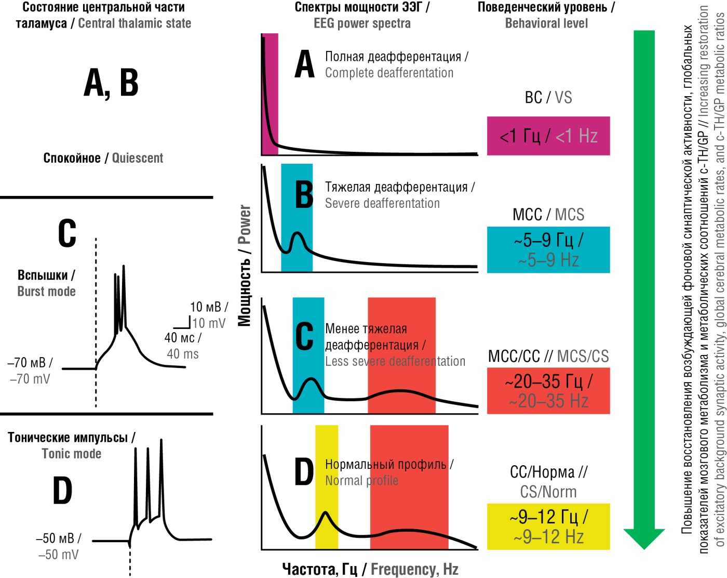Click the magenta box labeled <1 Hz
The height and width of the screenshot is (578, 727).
(548, 136)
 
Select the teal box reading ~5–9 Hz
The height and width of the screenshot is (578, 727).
(548, 249)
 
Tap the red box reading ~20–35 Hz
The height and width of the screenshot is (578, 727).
(548, 391)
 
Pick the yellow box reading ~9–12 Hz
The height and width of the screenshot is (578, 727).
(548, 526)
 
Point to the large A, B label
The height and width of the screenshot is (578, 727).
(111, 83)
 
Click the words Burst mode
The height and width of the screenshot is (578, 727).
(46, 291)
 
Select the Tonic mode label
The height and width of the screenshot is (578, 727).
(71, 454)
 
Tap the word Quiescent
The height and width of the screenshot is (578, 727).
(138, 158)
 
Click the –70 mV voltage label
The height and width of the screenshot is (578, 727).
(30, 379)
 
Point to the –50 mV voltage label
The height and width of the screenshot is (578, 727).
(58, 555)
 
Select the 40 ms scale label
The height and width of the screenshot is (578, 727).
(182, 354)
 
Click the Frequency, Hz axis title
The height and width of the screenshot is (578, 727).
(414, 569)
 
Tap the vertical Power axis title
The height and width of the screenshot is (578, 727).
(245, 225)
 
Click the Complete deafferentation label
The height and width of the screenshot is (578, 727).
(389, 73)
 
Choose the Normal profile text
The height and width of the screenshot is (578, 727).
(361, 480)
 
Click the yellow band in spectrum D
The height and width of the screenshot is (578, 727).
(326, 487)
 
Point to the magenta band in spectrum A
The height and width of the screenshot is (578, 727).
(270, 94)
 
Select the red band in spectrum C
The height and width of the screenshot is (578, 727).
(401, 355)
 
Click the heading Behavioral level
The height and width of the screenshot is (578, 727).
(546, 23)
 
